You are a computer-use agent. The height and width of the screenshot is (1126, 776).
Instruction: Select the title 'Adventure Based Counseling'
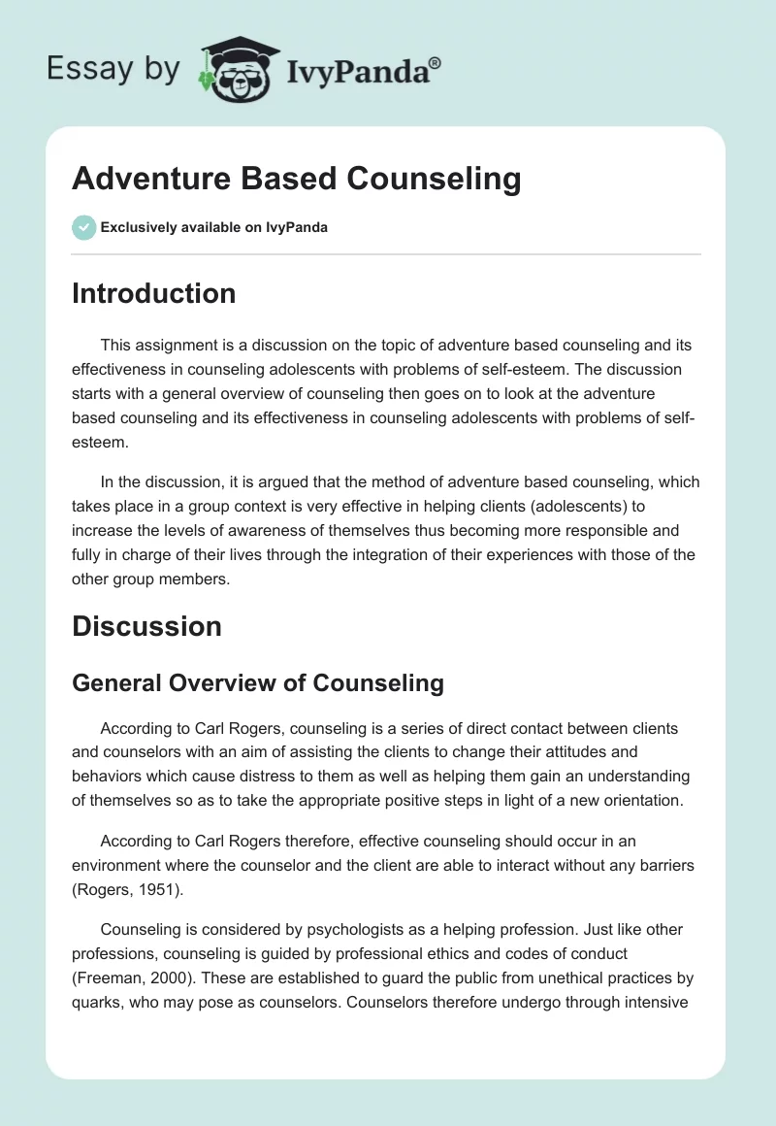click(296, 180)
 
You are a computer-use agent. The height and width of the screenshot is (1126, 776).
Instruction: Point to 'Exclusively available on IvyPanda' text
click(214, 227)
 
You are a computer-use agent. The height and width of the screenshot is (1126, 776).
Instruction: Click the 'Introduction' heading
click(153, 293)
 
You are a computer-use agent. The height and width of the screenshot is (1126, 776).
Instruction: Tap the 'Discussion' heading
click(146, 626)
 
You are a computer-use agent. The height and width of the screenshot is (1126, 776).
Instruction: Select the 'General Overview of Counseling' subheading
click(258, 682)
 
